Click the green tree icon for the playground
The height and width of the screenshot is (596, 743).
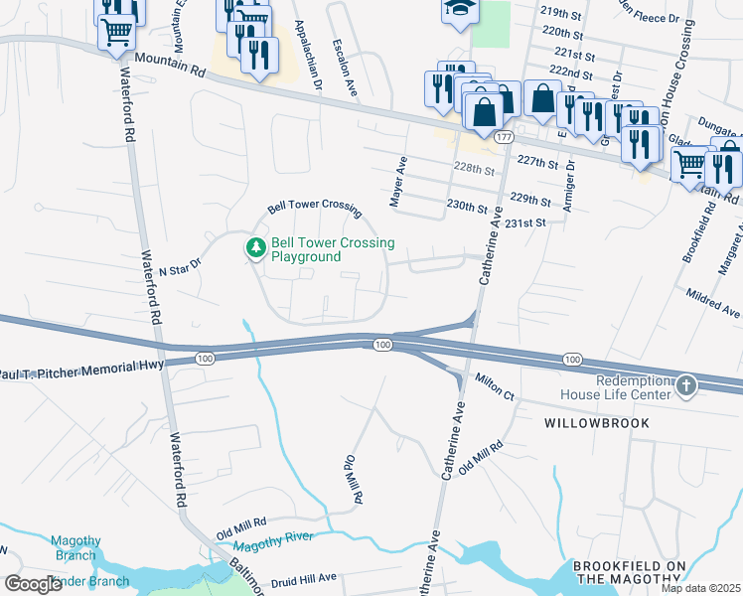pyautogui.click(x=256, y=248)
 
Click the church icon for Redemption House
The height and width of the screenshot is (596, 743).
pyautogui.click(x=686, y=386)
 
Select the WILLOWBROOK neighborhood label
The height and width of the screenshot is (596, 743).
pyautogui.click(x=596, y=423)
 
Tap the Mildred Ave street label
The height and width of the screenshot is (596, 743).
pyautogui.click(x=713, y=303)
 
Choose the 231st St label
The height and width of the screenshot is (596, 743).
pyautogui.click(x=525, y=223)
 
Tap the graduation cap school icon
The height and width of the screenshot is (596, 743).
pyautogui.click(x=457, y=8)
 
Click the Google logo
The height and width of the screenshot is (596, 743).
pyautogui.click(x=33, y=584)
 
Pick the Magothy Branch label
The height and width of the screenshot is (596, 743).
pyautogui.click(x=76, y=548)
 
